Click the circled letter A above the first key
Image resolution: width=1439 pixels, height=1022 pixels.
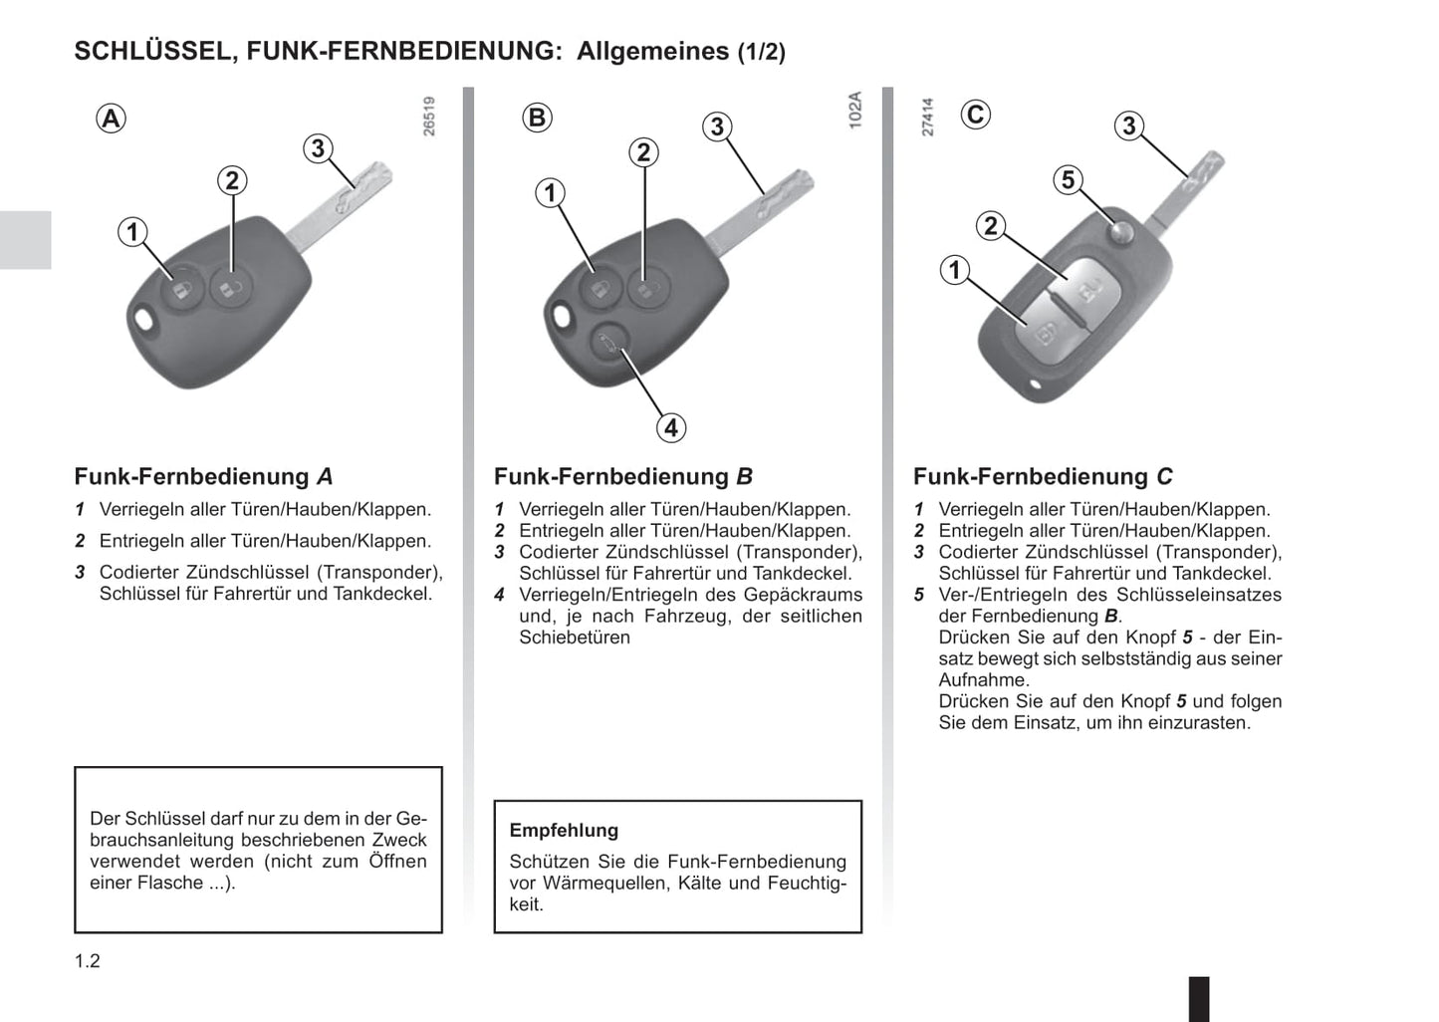[x=111, y=119]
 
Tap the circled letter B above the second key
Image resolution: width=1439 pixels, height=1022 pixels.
[x=537, y=118]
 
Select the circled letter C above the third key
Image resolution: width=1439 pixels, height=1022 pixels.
[x=975, y=116]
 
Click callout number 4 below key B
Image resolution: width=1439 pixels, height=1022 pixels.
[x=671, y=427]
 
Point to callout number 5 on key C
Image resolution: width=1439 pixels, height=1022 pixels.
[x=1069, y=180]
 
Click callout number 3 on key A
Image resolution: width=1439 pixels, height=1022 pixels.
[x=318, y=148]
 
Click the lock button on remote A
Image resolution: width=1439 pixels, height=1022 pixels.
[x=182, y=289]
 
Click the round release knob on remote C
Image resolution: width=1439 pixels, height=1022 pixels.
[x=1121, y=231]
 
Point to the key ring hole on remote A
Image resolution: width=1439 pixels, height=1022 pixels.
[x=145, y=320]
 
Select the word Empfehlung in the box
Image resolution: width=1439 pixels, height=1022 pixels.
[x=564, y=831]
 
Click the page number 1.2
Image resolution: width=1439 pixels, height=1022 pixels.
[x=88, y=961]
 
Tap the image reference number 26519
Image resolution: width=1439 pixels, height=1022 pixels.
[x=429, y=117]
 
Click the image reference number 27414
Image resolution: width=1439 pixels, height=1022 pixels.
[x=927, y=117]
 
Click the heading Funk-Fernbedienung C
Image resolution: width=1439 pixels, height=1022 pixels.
[x=1043, y=476]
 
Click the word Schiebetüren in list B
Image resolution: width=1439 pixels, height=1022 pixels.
[x=575, y=637]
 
